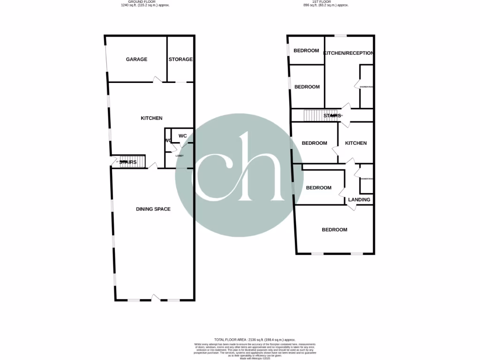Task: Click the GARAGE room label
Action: [136, 60]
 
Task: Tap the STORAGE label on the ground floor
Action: [180, 60]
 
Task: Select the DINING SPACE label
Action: [153, 209]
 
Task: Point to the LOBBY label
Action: [180, 156]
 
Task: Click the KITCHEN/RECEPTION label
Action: [349, 53]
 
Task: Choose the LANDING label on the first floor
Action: [360, 200]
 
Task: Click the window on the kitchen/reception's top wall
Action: [340, 36]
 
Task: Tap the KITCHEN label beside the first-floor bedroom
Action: [356, 143]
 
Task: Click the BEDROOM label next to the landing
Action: [319, 187]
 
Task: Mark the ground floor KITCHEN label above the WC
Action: [151, 118]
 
